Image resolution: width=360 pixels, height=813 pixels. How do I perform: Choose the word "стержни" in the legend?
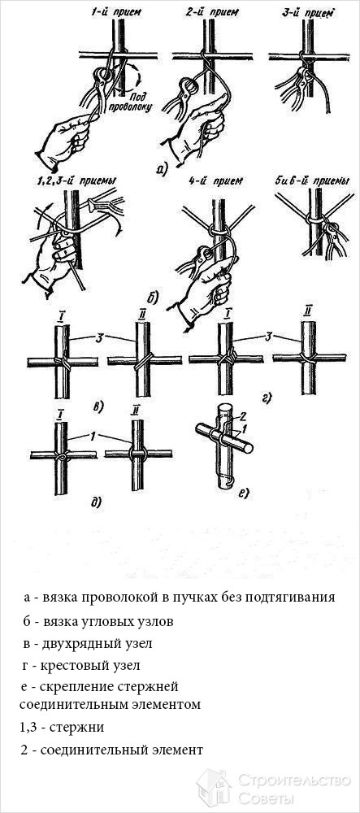(x=80, y=728)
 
